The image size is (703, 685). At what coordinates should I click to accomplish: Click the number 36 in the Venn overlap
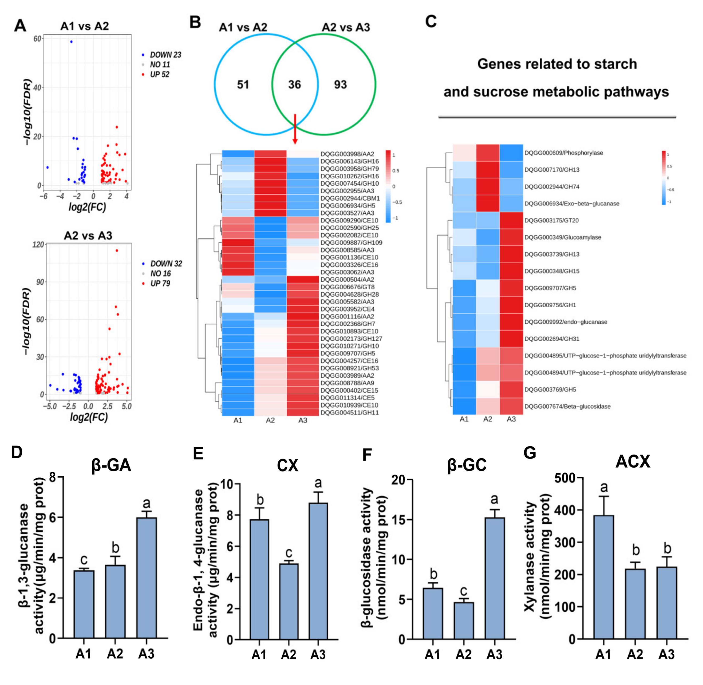click(x=294, y=85)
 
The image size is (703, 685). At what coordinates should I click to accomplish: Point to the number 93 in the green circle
click(x=340, y=85)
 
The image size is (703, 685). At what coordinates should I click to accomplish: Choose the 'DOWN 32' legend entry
click(x=165, y=264)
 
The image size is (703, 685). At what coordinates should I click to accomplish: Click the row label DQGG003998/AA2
click(x=347, y=154)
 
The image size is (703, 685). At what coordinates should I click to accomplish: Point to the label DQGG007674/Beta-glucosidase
click(x=567, y=407)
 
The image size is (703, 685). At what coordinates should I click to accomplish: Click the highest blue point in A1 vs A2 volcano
click(x=71, y=42)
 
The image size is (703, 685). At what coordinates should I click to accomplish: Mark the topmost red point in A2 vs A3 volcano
click(x=117, y=250)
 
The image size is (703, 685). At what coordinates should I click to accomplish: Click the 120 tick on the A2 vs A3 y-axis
click(x=38, y=245)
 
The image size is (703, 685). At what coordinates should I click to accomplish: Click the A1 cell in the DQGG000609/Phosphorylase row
click(x=464, y=153)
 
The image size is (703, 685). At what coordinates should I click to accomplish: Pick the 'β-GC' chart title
click(x=467, y=465)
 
